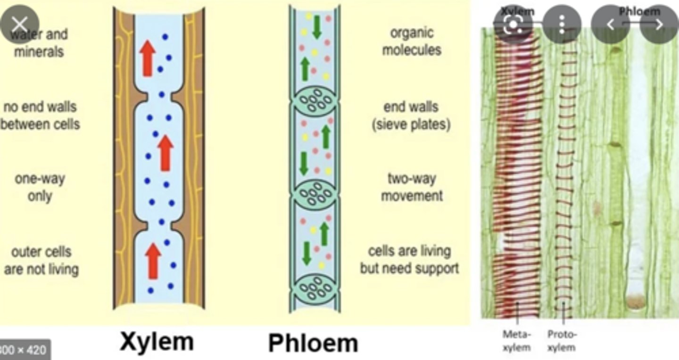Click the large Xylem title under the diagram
(157, 341)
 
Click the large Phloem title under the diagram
(313, 343)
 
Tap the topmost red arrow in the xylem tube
(148, 58)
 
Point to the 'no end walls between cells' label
(41, 116)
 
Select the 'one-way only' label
(40, 187)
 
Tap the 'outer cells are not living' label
(41, 260)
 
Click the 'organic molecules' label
(412, 42)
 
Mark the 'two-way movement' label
(412, 187)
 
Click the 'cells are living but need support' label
(409, 260)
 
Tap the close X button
(19, 24)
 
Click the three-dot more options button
(562, 24)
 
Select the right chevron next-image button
(659, 24)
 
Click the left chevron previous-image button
(610, 24)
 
